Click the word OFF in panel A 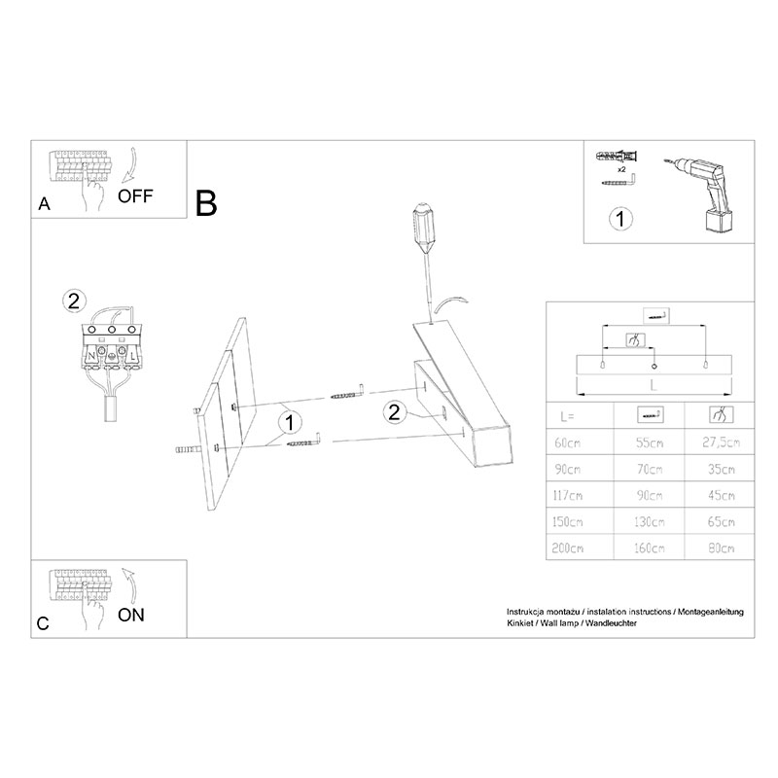tap(135, 196)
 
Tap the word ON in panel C tap(131, 616)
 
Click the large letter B tap(206, 203)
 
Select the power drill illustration tap(698, 194)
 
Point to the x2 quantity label tap(621, 169)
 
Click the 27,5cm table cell tap(721, 442)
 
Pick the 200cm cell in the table tap(568, 548)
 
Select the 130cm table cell tap(650, 521)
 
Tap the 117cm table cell tap(568, 495)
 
